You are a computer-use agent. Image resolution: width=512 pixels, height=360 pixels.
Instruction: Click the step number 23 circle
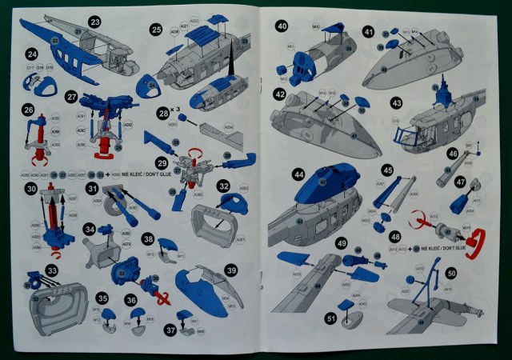tap(95, 22)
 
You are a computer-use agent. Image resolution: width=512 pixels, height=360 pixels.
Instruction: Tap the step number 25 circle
tap(156, 30)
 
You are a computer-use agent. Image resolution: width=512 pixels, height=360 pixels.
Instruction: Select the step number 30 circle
tap(32, 189)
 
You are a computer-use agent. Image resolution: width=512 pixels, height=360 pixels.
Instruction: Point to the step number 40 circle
tap(282, 26)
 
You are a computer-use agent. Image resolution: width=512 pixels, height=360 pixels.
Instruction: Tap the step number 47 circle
tap(460, 182)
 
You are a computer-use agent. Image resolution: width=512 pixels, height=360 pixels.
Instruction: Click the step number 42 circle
tap(280, 94)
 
